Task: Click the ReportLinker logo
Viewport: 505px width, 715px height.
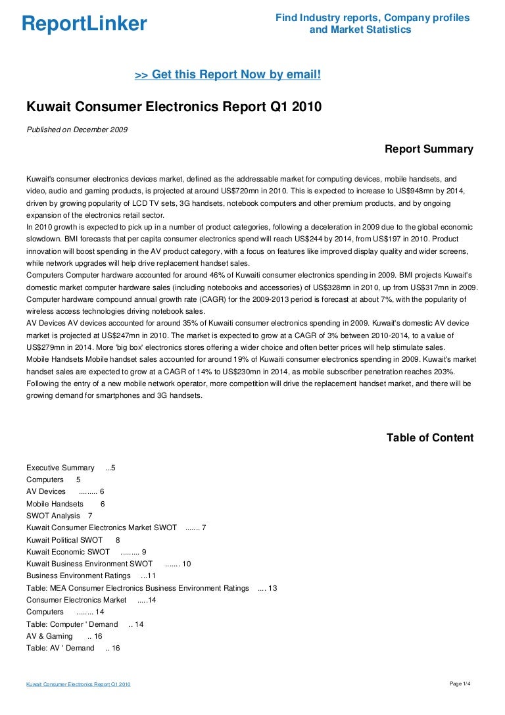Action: (x=84, y=24)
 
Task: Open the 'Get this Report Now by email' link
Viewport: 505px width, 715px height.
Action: (x=228, y=75)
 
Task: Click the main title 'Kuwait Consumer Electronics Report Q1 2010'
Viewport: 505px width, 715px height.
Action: (x=174, y=106)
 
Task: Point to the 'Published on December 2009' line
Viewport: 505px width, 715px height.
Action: (x=77, y=130)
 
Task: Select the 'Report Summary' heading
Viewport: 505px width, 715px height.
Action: (x=429, y=149)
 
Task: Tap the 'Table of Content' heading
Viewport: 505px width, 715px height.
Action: (x=429, y=438)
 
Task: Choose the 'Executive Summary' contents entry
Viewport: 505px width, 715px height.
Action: (x=60, y=468)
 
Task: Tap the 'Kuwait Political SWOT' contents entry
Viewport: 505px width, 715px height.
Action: (x=64, y=540)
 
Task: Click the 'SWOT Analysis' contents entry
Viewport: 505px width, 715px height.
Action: (x=53, y=516)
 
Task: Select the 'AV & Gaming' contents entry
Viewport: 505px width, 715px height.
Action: (x=49, y=636)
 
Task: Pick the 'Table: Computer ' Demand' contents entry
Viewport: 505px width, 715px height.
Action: (x=72, y=624)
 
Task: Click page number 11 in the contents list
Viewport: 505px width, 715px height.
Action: (x=151, y=576)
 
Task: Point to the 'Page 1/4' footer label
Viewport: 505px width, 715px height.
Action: (x=460, y=684)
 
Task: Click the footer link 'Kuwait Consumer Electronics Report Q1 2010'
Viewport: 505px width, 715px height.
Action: (x=78, y=685)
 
